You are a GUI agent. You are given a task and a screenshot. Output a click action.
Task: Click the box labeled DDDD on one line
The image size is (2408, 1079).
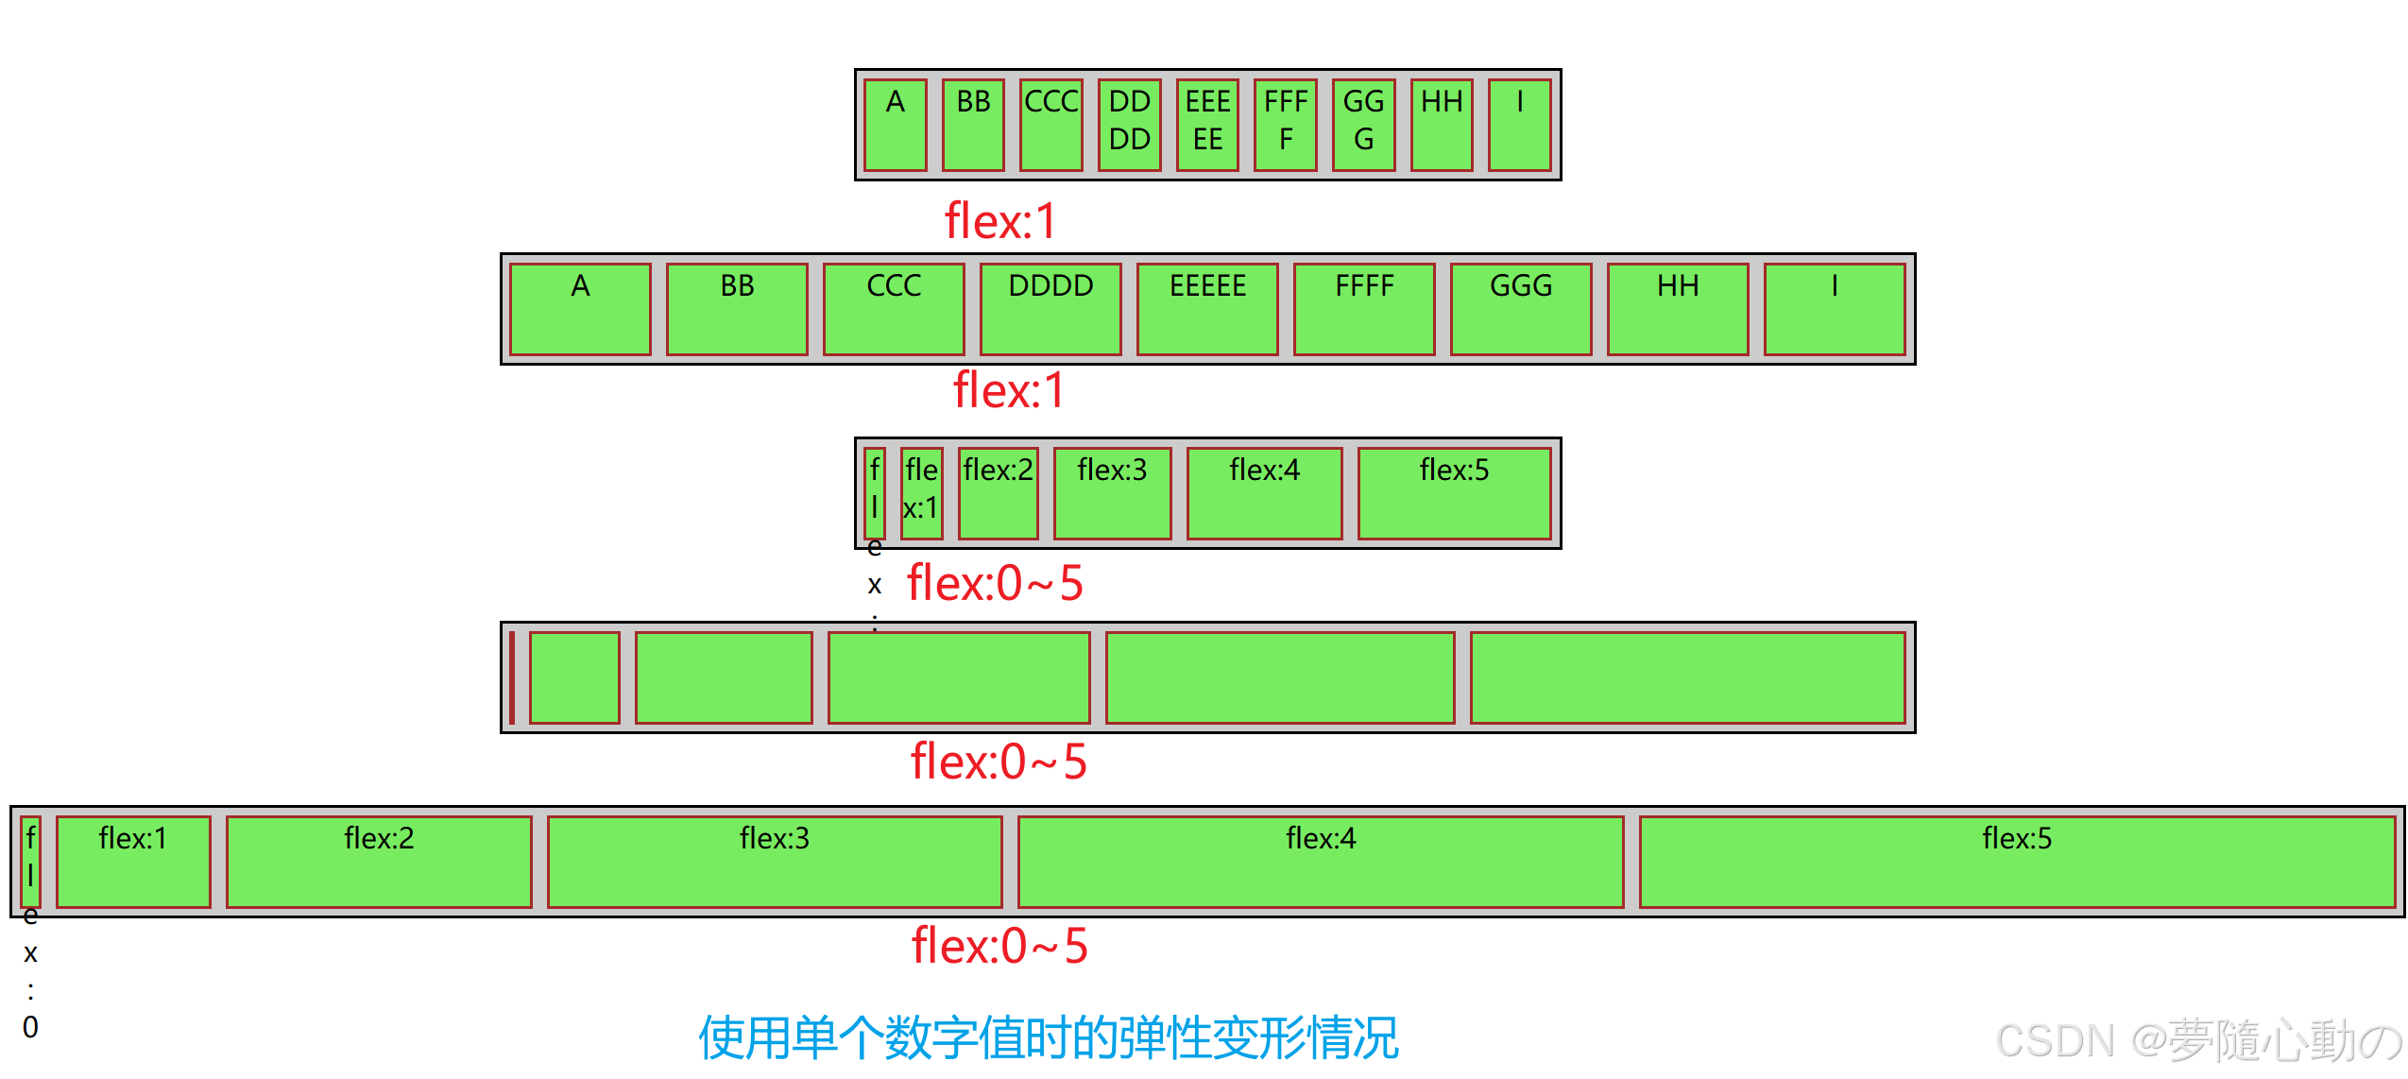pos(1050,308)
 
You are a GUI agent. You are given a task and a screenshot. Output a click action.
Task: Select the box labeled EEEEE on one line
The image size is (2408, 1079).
pos(1207,308)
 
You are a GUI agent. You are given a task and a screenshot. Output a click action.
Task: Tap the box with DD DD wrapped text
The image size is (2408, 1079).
pos(1129,125)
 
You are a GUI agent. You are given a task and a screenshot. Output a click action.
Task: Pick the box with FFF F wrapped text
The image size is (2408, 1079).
pos(1285,125)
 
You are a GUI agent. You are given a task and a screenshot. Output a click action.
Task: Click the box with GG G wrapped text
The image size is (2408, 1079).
pos(1363,125)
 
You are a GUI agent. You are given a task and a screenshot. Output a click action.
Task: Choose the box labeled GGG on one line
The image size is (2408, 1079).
pos(1521,308)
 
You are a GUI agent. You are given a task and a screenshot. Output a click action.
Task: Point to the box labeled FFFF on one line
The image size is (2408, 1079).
pos(1364,308)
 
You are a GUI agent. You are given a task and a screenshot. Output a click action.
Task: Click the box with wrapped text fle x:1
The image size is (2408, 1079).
pos(921,492)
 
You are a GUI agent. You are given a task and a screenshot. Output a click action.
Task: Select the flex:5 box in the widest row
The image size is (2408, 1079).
pos(2017,861)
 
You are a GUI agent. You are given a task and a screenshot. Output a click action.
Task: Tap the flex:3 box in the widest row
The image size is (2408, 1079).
pos(775,861)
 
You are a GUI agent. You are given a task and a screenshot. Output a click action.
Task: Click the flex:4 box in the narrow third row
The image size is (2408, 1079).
pos(1264,492)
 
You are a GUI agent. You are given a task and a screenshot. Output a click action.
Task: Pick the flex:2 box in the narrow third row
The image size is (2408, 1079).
pos(998,492)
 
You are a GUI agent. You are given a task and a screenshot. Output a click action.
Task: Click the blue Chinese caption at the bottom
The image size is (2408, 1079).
pos(1048,1037)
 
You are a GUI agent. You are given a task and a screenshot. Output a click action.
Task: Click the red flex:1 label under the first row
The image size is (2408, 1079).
pos(1000,221)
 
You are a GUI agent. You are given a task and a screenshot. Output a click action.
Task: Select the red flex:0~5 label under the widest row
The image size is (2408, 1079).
pos(999,946)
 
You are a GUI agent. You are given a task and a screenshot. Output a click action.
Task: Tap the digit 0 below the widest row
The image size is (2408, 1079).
pos(30,1027)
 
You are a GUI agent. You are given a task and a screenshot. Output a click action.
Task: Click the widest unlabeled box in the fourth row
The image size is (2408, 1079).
pos(1687,677)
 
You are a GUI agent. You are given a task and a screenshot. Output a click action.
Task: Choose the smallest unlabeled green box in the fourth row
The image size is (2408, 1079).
pos(574,677)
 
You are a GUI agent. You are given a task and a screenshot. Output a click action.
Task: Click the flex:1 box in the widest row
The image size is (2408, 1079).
pos(133,861)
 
